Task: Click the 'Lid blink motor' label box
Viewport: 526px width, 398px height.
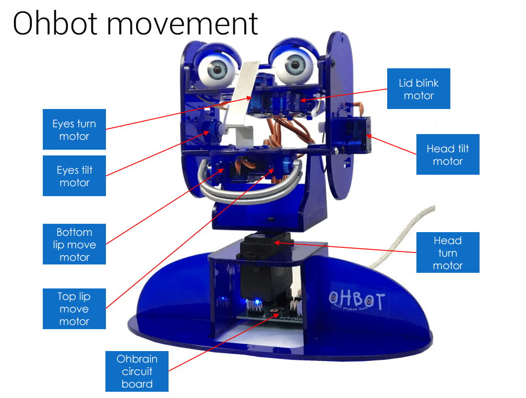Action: [x=419, y=89]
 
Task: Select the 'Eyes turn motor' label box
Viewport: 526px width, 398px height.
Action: [x=74, y=130]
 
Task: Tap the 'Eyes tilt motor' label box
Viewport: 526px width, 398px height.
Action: [x=74, y=176]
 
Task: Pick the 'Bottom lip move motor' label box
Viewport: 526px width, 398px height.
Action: [x=74, y=244]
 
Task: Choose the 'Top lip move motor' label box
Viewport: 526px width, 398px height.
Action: [x=74, y=308]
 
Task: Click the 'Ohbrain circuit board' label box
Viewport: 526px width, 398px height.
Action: [x=137, y=371]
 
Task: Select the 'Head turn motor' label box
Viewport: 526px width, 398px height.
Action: [x=447, y=253]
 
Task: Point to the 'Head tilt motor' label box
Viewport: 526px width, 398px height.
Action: [x=447, y=154]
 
